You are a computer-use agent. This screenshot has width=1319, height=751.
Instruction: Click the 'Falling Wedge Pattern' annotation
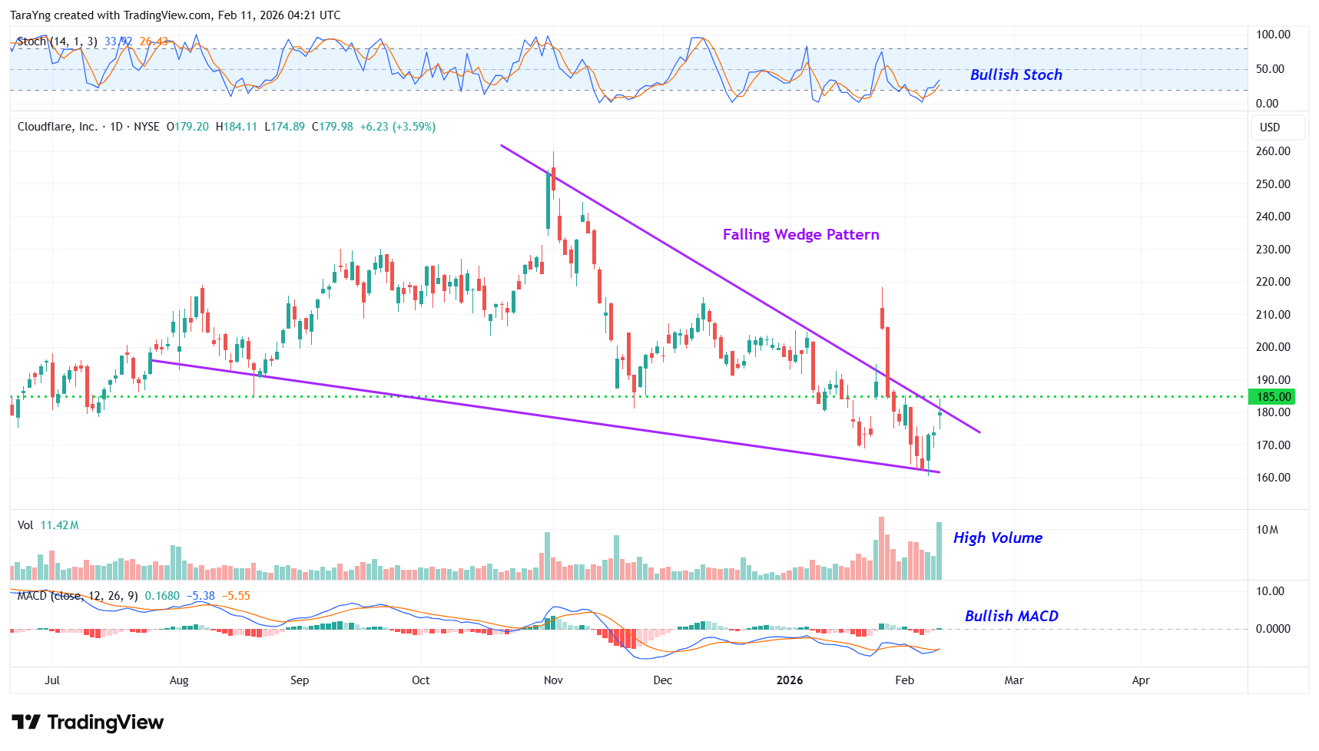coord(800,235)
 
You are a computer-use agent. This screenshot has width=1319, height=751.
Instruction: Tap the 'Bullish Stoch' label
coord(1016,74)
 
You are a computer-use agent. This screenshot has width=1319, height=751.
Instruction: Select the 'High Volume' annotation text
coord(997,538)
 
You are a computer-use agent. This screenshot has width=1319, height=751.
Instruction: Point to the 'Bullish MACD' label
coord(1011,616)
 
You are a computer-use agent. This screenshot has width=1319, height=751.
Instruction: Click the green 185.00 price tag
coord(1273,397)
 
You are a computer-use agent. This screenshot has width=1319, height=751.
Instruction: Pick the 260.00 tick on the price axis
coord(1273,151)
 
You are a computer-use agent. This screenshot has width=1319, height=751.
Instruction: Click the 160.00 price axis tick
coord(1273,478)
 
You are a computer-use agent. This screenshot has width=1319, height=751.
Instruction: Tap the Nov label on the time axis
coord(553,680)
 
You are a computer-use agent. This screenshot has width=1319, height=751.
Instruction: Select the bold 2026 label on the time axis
coord(790,680)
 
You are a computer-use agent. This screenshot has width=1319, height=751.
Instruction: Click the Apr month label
coord(1141,680)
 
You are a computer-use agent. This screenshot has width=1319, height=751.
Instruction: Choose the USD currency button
coord(1270,127)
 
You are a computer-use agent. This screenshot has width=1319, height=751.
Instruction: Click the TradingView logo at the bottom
coord(88,723)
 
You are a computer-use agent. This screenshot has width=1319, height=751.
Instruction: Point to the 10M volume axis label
coord(1267,530)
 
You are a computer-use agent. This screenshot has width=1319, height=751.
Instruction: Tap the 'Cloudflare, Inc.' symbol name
coord(58,127)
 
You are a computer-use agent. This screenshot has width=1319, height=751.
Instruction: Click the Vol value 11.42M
coord(59,525)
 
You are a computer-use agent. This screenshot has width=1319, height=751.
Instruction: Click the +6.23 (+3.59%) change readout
coord(398,127)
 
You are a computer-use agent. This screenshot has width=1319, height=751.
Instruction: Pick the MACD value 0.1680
coord(162,596)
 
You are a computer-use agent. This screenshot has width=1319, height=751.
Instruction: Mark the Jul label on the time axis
coord(52,680)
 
